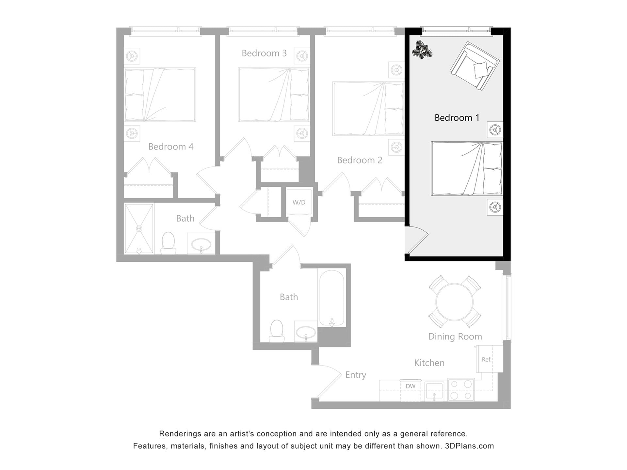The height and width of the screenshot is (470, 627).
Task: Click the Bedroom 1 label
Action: pos(457,118)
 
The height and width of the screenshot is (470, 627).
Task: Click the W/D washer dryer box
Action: pos(299,202)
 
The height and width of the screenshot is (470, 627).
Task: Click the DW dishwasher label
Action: pos(410,386)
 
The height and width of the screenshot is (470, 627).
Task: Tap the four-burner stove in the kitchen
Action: pos(460,389)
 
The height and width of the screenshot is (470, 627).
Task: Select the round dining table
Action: pos(454,302)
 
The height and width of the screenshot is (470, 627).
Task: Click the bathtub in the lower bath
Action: pos(331,298)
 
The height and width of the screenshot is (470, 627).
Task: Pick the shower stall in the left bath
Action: pos(139,228)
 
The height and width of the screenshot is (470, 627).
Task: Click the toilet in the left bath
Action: pos(168,243)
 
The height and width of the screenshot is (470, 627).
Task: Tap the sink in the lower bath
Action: pos(306,333)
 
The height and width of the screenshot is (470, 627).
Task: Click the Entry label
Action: pos(356,375)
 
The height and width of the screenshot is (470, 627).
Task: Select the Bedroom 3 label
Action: pos(264,53)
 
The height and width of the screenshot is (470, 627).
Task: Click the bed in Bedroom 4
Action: pos(160,95)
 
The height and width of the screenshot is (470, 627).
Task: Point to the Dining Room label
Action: pos(455,337)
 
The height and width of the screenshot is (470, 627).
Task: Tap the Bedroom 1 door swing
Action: pos(416,240)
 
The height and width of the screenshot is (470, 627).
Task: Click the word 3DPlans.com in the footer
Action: pos(469,446)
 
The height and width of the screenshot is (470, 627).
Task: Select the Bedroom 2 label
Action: pos(359,160)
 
